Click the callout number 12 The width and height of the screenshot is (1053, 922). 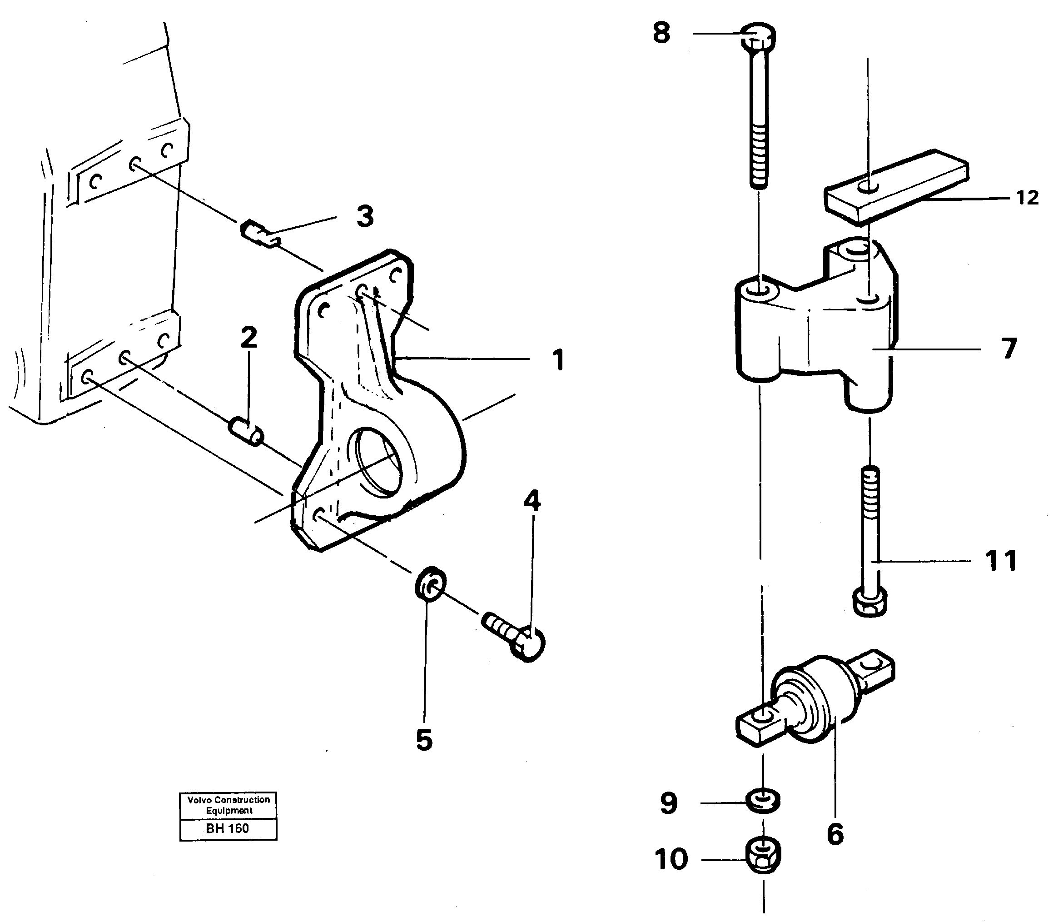[x=1027, y=198]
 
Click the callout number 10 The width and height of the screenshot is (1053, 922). [x=671, y=859]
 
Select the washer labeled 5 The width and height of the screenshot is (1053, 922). [x=430, y=583]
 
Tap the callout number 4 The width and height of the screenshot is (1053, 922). [x=532, y=501]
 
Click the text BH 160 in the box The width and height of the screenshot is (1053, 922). [x=228, y=828]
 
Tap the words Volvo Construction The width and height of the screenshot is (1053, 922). [x=228, y=800]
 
